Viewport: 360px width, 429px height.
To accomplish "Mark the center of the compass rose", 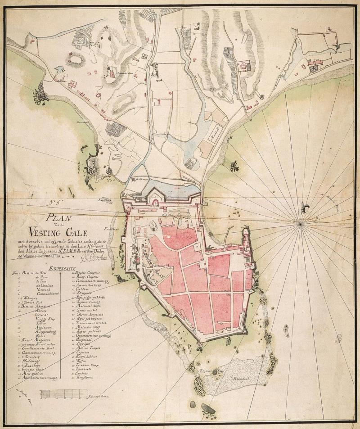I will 300,221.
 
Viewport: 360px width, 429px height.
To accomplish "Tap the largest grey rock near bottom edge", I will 207,409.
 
